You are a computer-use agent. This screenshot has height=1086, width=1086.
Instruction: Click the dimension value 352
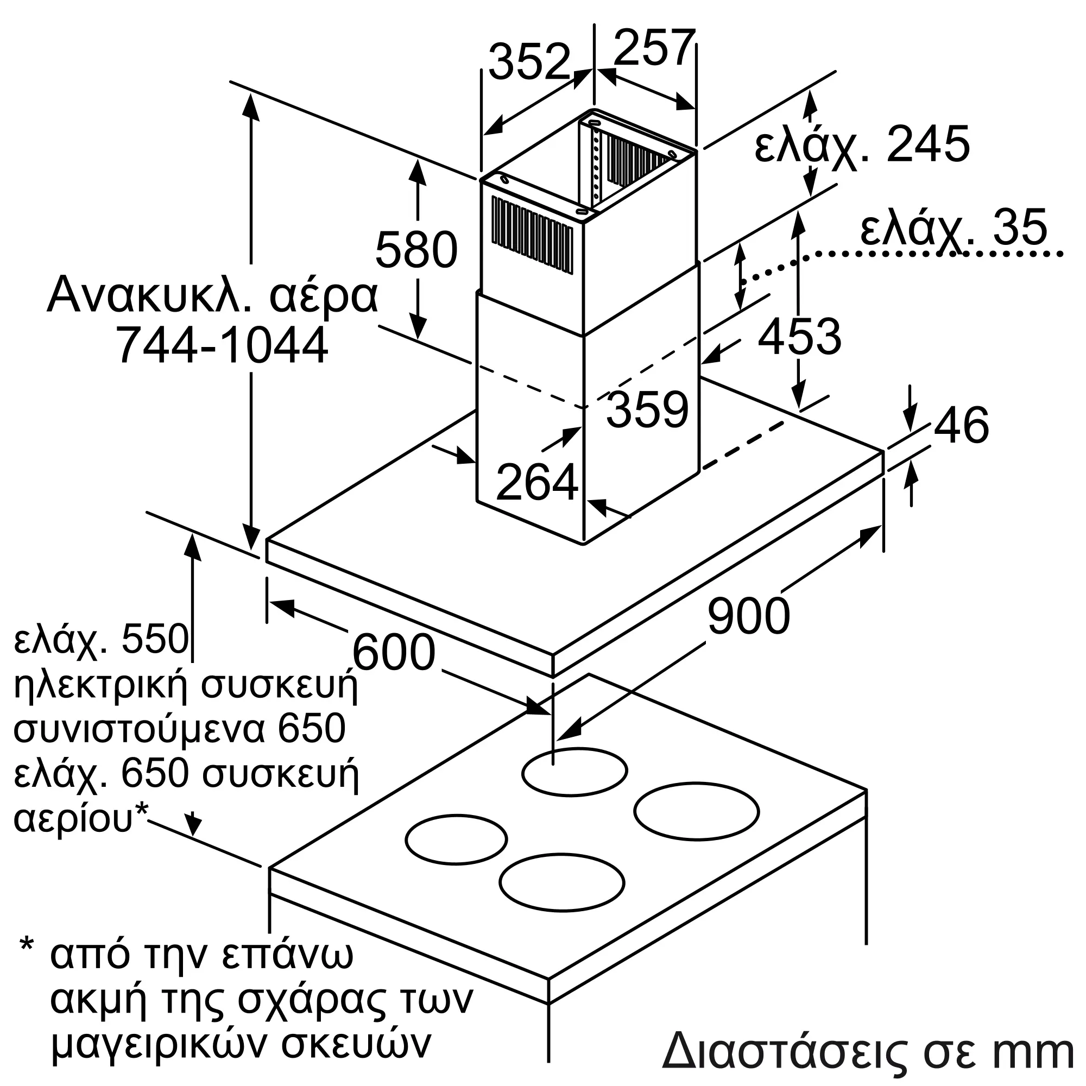pyautogui.click(x=529, y=62)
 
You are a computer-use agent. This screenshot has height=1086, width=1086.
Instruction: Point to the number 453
pyautogui.click(x=799, y=337)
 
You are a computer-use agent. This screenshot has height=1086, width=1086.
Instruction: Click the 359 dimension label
pyautogui.click(x=648, y=410)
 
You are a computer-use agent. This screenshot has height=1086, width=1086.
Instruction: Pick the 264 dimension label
pyautogui.click(x=537, y=482)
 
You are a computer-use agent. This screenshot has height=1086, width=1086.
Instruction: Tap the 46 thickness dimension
pyautogui.click(x=961, y=425)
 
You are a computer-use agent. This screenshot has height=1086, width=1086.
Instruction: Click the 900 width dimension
pyautogui.click(x=748, y=617)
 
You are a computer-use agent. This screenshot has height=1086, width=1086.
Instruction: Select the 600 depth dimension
pyautogui.click(x=394, y=653)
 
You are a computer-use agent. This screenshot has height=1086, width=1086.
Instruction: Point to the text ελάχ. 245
pyautogui.click(x=862, y=146)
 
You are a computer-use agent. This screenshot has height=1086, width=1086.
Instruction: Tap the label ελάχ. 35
pyautogui.click(x=954, y=228)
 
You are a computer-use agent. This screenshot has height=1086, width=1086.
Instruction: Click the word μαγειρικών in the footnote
pyautogui.click(x=160, y=1044)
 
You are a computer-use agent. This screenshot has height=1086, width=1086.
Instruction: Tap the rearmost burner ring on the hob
pyautogui.click(x=574, y=772)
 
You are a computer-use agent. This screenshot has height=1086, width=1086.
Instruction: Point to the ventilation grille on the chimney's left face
pyautogui.click(x=532, y=237)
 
